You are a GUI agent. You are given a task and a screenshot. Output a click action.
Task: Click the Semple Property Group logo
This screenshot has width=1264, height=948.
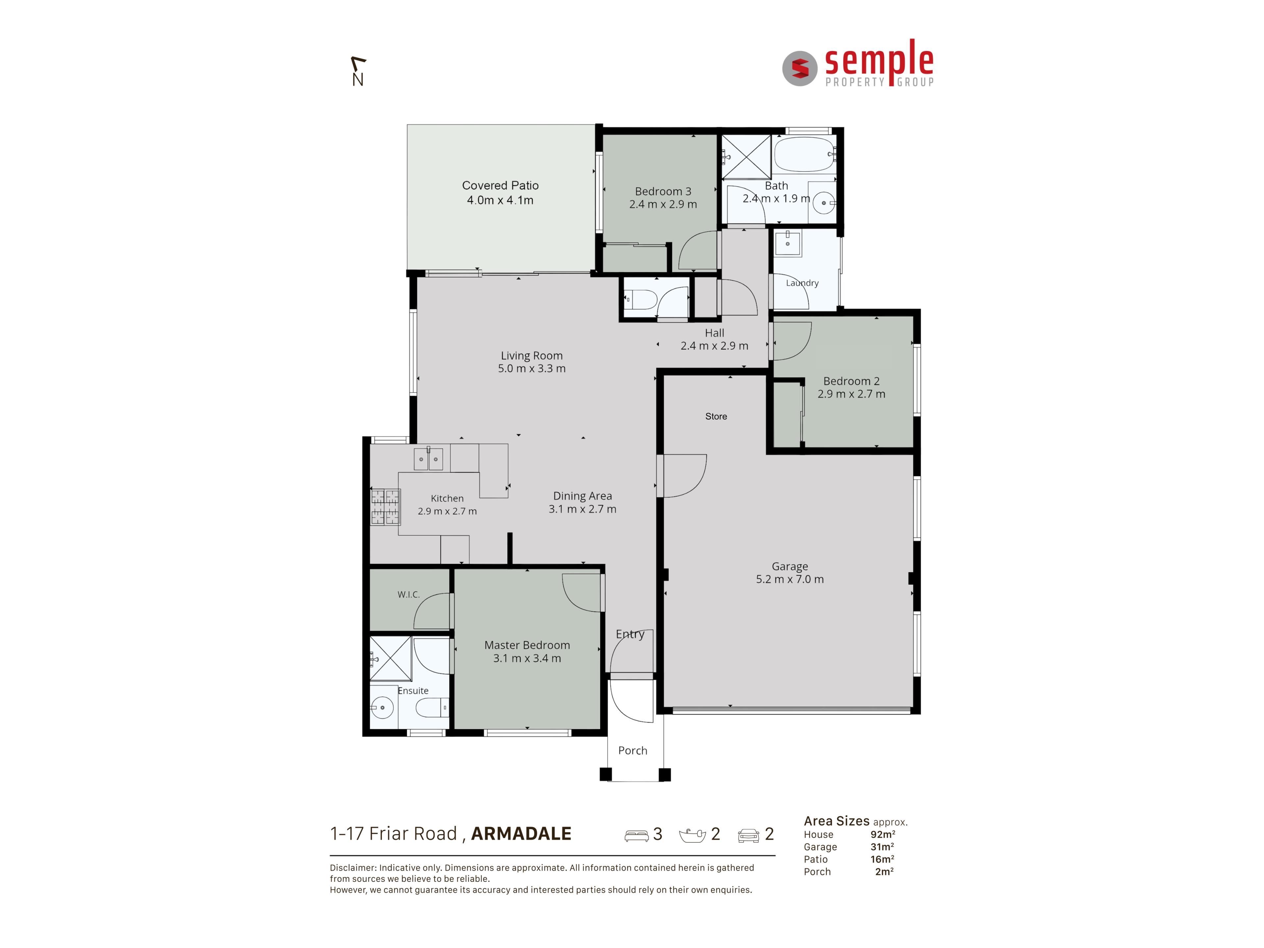858,64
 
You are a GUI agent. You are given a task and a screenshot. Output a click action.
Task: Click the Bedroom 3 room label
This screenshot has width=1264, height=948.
663,191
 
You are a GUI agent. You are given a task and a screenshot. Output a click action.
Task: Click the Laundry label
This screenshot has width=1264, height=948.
802,283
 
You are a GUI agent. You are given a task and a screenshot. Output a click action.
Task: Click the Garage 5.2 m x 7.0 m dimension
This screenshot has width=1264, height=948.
790,579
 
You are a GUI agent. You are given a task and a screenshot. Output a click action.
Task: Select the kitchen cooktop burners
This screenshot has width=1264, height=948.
385,507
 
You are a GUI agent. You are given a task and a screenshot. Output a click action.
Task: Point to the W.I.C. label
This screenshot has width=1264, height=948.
408,594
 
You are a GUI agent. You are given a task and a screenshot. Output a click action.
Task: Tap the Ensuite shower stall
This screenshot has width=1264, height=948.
390,658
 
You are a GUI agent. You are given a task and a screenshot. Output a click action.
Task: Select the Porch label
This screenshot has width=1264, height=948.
633,750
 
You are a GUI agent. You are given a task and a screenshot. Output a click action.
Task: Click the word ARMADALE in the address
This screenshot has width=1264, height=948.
521,834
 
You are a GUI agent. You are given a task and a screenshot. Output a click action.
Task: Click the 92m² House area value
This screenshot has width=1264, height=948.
882,834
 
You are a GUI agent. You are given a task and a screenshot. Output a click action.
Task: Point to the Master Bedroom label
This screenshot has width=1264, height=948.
527,645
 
